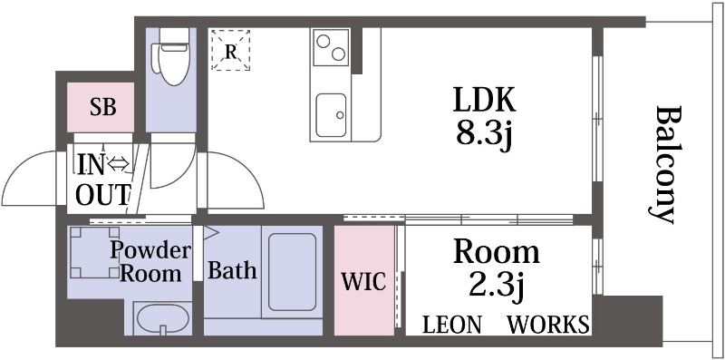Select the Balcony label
[669, 165]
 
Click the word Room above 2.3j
[496, 253]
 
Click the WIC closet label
[363, 281]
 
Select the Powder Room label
[150, 262]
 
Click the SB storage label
[102, 107]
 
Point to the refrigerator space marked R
[231, 51]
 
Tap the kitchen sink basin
[331, 115]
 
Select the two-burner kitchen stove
[331, 47]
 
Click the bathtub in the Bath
[292, 272]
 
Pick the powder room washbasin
[163, 319]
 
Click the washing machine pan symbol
[94, 252]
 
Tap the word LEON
[452, 325]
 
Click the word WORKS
[548, 325]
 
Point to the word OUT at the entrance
[102, 195]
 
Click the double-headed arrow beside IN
[119, 164]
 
